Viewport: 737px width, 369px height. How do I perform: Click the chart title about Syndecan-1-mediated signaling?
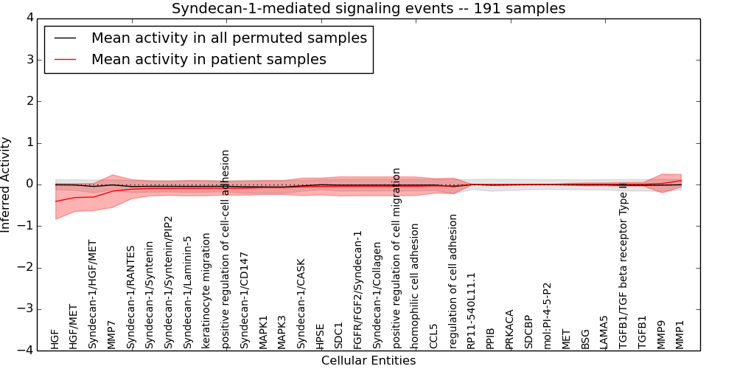click(x=368, y=9)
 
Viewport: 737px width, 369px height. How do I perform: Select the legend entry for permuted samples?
click(x=228, y=38)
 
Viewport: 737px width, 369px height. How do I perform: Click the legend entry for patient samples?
click(x=209, y=59)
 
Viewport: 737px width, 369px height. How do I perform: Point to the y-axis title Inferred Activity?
click(x=7, y=184)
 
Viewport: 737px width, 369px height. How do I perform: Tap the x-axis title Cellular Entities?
click(x=368, y=361)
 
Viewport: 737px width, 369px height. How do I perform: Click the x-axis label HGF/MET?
click(x=74, y=329)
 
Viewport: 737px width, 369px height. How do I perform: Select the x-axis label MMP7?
click(x=112, y=334)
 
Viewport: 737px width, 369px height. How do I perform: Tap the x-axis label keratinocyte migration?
click(x=207, y=291)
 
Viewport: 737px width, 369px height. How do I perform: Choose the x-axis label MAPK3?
click(x=282, y=331)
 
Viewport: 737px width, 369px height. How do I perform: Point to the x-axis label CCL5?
click(x=434, y=336)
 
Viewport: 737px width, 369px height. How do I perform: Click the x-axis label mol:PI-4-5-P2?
click(x=548, y=315)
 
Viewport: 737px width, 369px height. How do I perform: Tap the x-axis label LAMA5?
click(x=604, y=332)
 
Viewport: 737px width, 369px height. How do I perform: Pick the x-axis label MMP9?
click(x=661, y=334)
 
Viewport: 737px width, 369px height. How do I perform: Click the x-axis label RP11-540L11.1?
click(x=472, y=310)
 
